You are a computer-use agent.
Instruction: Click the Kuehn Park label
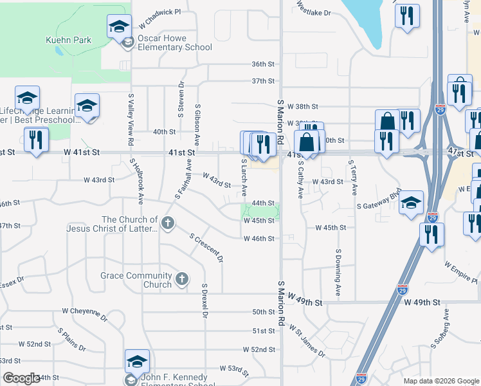coord(68,40)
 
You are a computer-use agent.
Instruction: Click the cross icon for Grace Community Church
coord(182,279)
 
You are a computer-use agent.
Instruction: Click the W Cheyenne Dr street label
coord(84,313)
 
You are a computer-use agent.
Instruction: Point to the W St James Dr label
coord(306,342)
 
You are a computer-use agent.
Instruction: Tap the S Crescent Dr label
coord(206,248)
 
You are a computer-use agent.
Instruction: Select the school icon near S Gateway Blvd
coord(411,205)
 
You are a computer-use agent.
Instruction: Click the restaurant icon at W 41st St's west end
coord(35,140)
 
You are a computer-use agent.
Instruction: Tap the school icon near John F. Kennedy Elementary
coord(137,362)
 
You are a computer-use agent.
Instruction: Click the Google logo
coord(21,378)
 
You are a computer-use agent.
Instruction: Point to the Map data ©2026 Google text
coord(440,381)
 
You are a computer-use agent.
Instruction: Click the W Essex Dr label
coord(11,280)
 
